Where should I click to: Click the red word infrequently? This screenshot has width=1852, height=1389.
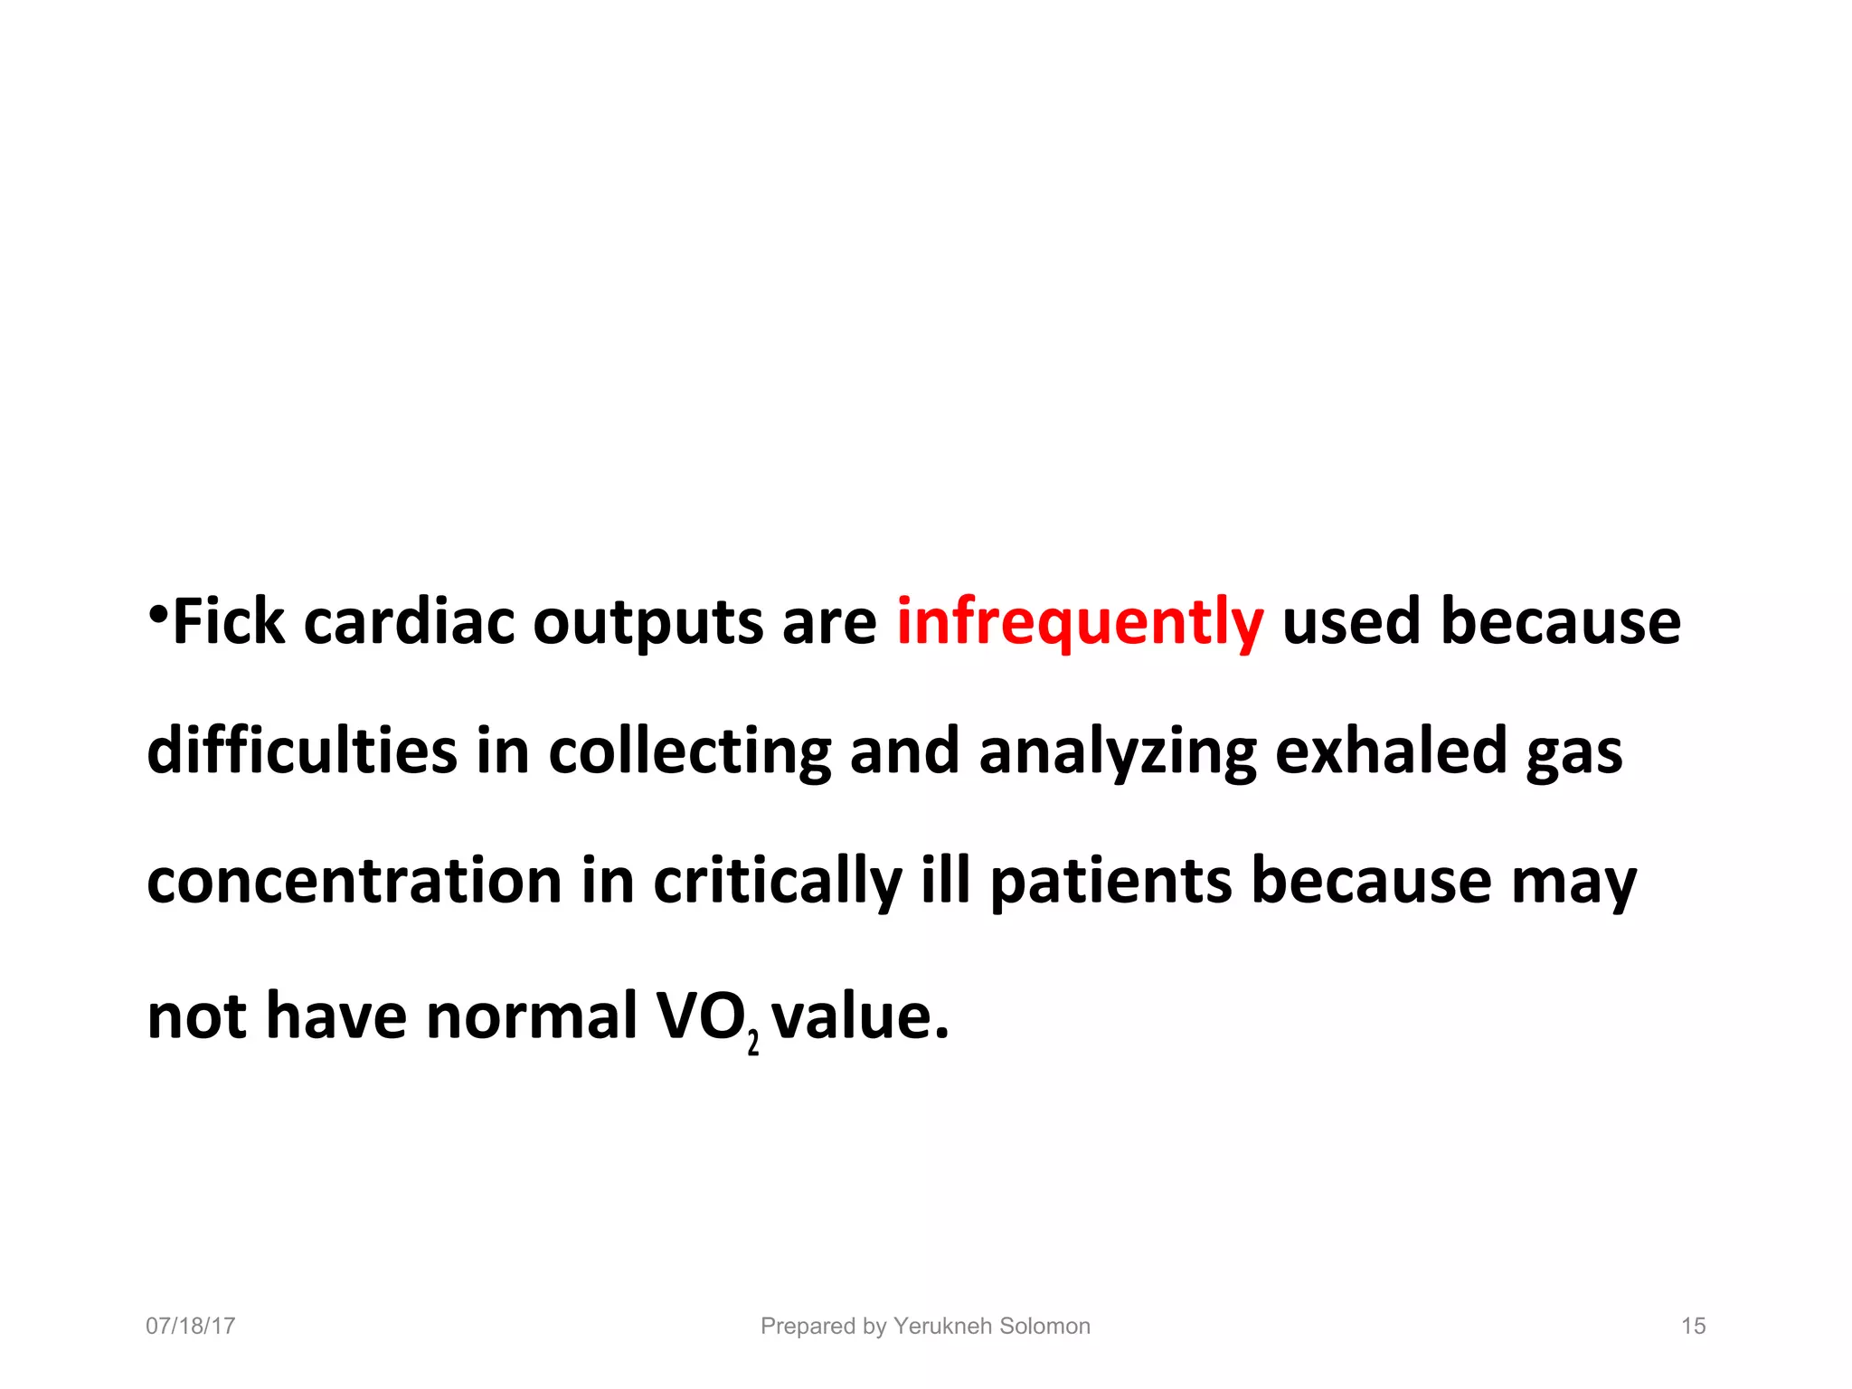pos(1079,624)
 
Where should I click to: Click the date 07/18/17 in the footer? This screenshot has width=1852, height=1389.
pos(191,1326)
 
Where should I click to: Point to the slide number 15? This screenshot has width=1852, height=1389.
pos(1693,1326)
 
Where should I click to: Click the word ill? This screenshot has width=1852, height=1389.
pos(946,881)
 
